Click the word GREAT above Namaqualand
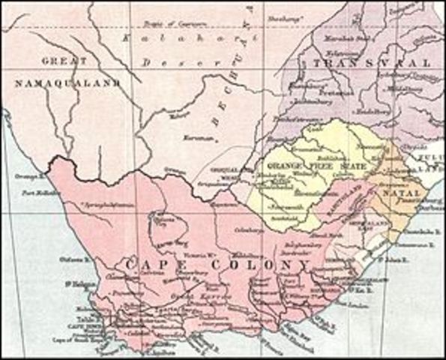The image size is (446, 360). point(65,60)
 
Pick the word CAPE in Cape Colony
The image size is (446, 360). point(143,265)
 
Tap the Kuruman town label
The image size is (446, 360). point(193,139)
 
